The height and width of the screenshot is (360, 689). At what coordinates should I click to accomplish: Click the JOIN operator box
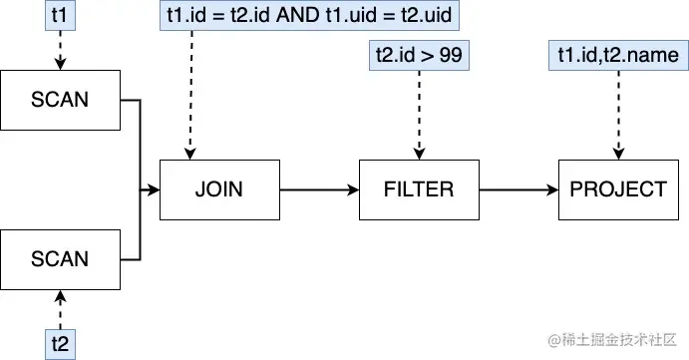tap(219, 188)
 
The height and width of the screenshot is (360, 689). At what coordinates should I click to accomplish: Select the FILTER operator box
tap(419, 188)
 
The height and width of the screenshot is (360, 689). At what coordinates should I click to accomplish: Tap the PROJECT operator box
tap(618, 188)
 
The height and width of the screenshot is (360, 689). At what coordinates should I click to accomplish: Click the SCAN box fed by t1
tap(60, 99)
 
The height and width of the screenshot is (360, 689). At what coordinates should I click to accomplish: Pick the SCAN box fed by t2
tap(60, 258)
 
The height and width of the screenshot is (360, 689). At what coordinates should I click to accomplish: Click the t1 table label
tap(60, 17)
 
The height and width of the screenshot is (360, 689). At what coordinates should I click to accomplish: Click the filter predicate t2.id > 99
tap(419, 56)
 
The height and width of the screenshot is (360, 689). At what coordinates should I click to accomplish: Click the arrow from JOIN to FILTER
tap(319, 188)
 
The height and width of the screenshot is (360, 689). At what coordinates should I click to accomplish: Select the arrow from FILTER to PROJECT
tap(518, 188)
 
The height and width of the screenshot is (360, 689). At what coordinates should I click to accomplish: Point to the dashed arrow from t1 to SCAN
tap(60, 50)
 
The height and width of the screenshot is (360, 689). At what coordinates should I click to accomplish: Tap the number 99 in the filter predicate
tap(450, 56)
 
